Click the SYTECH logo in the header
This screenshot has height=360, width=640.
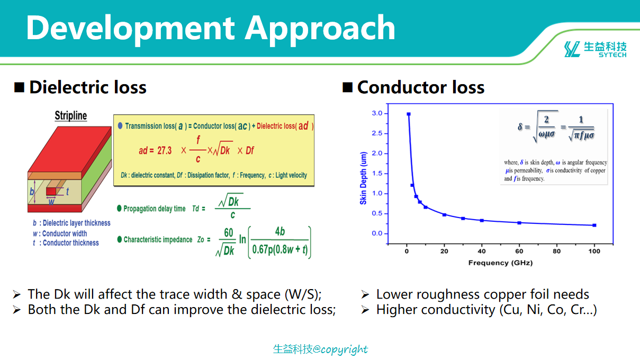[595, 49]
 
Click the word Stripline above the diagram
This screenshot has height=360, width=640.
[71, 116]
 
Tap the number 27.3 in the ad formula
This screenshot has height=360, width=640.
[164, 150]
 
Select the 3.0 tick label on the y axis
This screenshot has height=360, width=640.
[377, 113]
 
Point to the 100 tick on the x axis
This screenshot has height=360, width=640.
[594, 251]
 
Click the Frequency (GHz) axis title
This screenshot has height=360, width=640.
[500, 263]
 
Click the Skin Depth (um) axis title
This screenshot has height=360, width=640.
[363, 178]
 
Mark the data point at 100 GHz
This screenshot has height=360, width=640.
[594, 226]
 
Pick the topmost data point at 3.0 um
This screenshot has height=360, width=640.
[409, 114]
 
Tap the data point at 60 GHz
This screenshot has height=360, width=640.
[519, 223]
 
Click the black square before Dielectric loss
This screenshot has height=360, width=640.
[20, 87]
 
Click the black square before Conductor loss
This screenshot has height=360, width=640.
[347, 87]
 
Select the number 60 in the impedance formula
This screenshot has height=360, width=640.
[228, 232]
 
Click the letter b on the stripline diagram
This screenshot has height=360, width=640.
[32, 192]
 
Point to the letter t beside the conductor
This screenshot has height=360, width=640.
[67, 192]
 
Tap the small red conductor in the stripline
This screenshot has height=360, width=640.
[51, 191]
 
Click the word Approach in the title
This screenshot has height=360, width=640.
[320, 29]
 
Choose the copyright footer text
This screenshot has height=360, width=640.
[320, 349]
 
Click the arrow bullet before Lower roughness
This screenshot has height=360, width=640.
[365, 294]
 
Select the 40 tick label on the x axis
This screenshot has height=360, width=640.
[481, 251]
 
